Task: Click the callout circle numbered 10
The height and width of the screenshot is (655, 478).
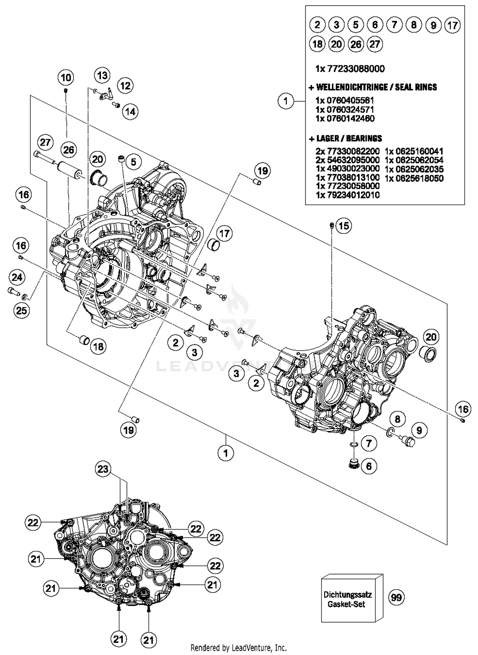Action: [66, 78]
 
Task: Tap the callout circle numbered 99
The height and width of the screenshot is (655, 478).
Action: [396, 597]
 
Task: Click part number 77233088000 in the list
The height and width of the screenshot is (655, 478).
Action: [350, 69]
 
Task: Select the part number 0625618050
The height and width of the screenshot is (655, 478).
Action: [414, 178]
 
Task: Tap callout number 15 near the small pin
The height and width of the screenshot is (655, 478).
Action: [343, 226]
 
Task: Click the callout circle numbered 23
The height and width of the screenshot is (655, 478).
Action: [103, 469]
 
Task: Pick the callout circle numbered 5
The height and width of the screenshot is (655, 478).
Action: [133, 162]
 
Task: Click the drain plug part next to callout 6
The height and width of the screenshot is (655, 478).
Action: [353, 464]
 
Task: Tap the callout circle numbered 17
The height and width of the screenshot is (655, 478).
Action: [225, 234]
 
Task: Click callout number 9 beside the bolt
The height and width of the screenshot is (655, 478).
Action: [419, 430]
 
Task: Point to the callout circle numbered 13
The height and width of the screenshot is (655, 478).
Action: [102, 76]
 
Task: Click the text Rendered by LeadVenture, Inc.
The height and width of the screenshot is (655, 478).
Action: [238, 648]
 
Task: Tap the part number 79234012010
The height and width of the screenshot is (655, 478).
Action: [347, 195]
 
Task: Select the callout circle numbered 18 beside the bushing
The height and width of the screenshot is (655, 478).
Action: [98, 346]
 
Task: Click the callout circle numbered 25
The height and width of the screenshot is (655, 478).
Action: [21, 310]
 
